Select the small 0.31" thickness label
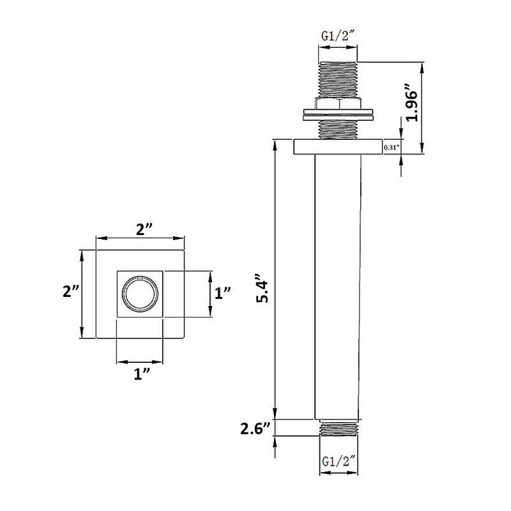pyautogui.click(x=391, y=148)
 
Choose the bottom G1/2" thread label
pyautogui.click(x=339, y=460)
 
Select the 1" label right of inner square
pyautogui.click(x=222, y=294)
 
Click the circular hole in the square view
pyautogui.click(x=140, y=294)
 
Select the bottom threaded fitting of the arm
pyautogui.click(x=339, y=429)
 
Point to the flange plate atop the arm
pyautogui.click(x=338, y=146)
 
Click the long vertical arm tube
pyautogui.click(x=338, y=287)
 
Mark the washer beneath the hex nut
pyautogui.click(x=338, y=116)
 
